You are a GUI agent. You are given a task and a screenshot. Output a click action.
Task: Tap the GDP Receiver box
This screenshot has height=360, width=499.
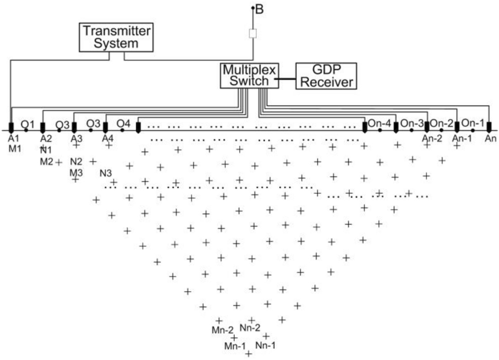[326, 76]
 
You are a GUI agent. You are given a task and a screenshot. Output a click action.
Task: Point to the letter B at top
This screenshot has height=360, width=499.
[260, 8]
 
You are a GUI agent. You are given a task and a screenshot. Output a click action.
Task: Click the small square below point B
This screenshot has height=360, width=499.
[253, 33]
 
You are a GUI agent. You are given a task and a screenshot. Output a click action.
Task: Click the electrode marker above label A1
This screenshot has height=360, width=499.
[11, 127]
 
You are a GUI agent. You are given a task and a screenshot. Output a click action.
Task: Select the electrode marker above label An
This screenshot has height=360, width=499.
[489, 127]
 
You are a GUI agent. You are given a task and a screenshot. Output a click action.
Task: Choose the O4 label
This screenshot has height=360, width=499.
[123, 124]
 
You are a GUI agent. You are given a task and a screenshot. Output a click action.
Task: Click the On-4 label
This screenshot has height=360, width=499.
[380, 123]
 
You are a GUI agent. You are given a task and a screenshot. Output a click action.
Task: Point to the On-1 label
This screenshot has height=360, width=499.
[473, 123]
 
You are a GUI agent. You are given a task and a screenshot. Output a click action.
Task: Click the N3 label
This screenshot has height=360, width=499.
[106, 173]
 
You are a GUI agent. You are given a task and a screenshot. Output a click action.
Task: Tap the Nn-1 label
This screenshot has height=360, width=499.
[265, 345]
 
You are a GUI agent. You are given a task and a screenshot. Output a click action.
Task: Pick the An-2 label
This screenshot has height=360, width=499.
[432, 139]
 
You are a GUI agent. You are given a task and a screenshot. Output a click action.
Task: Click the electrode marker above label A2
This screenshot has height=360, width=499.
[43, 127]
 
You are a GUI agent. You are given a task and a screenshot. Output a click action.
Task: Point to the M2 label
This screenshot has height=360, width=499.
[47, 161]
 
